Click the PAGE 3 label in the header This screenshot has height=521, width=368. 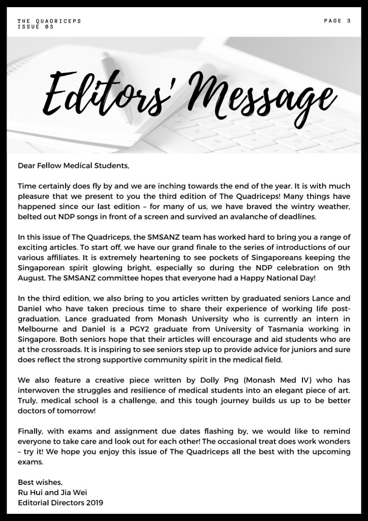click(337, 21)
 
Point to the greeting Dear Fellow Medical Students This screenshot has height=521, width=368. click(74, 166)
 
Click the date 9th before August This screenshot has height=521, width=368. click(342, 268)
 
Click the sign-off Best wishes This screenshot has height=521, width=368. click(40, 482)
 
